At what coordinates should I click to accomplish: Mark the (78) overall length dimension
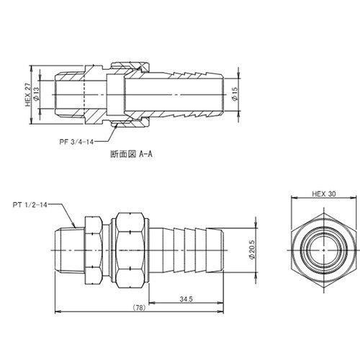[140, 307]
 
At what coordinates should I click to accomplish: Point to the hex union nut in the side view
[127, 247]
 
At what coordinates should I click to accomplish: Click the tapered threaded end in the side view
[68, 247]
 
